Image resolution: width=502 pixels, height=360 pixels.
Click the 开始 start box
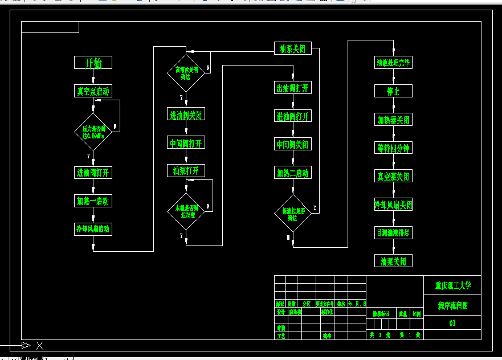(93, 63)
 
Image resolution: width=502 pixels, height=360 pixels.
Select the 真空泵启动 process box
(93, 91)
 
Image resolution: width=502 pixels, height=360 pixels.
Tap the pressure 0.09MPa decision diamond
(93, 132)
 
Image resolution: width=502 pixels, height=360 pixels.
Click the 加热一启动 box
(93, 201)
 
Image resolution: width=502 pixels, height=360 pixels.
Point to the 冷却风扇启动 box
(93, 229)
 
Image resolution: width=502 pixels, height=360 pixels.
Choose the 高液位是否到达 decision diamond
(186, 73)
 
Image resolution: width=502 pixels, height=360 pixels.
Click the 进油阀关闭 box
(186, 114)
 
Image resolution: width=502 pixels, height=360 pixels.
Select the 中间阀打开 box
(186, 142)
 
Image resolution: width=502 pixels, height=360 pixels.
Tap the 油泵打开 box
(186, 170)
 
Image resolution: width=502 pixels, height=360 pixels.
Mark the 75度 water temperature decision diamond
(186, 211)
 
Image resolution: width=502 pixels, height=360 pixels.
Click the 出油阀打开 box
(293, 88)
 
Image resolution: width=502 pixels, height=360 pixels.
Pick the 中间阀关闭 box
(293, 144)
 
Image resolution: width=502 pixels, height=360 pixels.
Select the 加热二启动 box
(293, 173)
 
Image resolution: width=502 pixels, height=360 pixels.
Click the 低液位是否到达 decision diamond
(293, 214)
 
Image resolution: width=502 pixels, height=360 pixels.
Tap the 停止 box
(393, 91)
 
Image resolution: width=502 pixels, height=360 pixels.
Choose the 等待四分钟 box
(393, 148)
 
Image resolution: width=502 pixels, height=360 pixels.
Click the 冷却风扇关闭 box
(393, 205)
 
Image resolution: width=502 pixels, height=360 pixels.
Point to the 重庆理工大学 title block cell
(452, 285)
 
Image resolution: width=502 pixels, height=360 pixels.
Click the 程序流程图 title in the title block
(452, 306)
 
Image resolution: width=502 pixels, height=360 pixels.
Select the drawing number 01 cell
(452, 323)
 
